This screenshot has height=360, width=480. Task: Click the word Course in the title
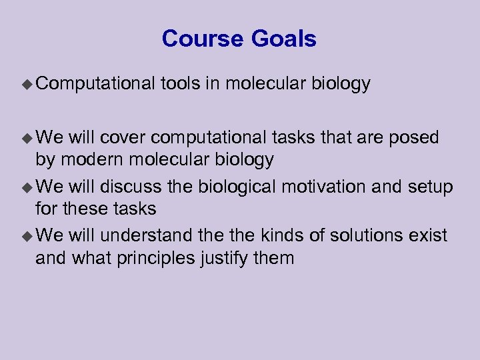(x=203, y=39)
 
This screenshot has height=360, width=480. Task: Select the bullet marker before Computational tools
(x=27, y=84)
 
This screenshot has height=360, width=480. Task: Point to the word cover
(x=124, y=137)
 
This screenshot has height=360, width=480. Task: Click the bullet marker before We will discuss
(x=27, y=187)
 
